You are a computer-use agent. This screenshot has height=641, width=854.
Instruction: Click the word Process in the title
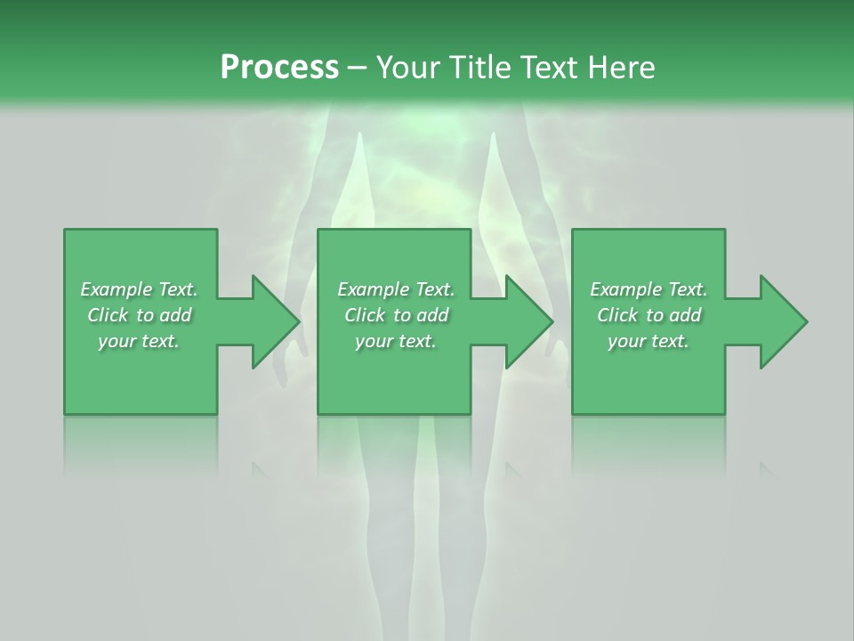click(x=279, y=67)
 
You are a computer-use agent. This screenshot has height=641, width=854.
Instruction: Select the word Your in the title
click(x=404, y=67)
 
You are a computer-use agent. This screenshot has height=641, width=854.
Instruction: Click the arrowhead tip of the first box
click(x=297, y=321)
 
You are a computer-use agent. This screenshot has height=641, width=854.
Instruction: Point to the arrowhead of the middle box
click(x=550, y=321)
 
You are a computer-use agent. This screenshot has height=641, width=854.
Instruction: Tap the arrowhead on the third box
click(x=804, y=321)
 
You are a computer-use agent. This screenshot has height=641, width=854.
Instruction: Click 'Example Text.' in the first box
click(x=139, y=289)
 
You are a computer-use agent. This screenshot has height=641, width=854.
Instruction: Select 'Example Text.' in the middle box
click(x=396, y=289)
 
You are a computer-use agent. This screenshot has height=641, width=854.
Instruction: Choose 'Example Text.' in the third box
click(x=649, y=289)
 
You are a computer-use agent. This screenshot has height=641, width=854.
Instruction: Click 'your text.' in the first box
click(x=139, y=341)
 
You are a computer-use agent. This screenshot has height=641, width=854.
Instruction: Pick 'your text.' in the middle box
click(x=396, y=341)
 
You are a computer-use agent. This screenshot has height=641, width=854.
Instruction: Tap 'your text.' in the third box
click(x=649, y=341)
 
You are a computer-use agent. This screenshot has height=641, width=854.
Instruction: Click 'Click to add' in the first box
click(x=139, y=315)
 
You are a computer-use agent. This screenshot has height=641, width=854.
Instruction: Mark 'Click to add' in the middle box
click(x=396, y=315)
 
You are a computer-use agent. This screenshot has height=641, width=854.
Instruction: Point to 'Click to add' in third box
click(x=649, y=315)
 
